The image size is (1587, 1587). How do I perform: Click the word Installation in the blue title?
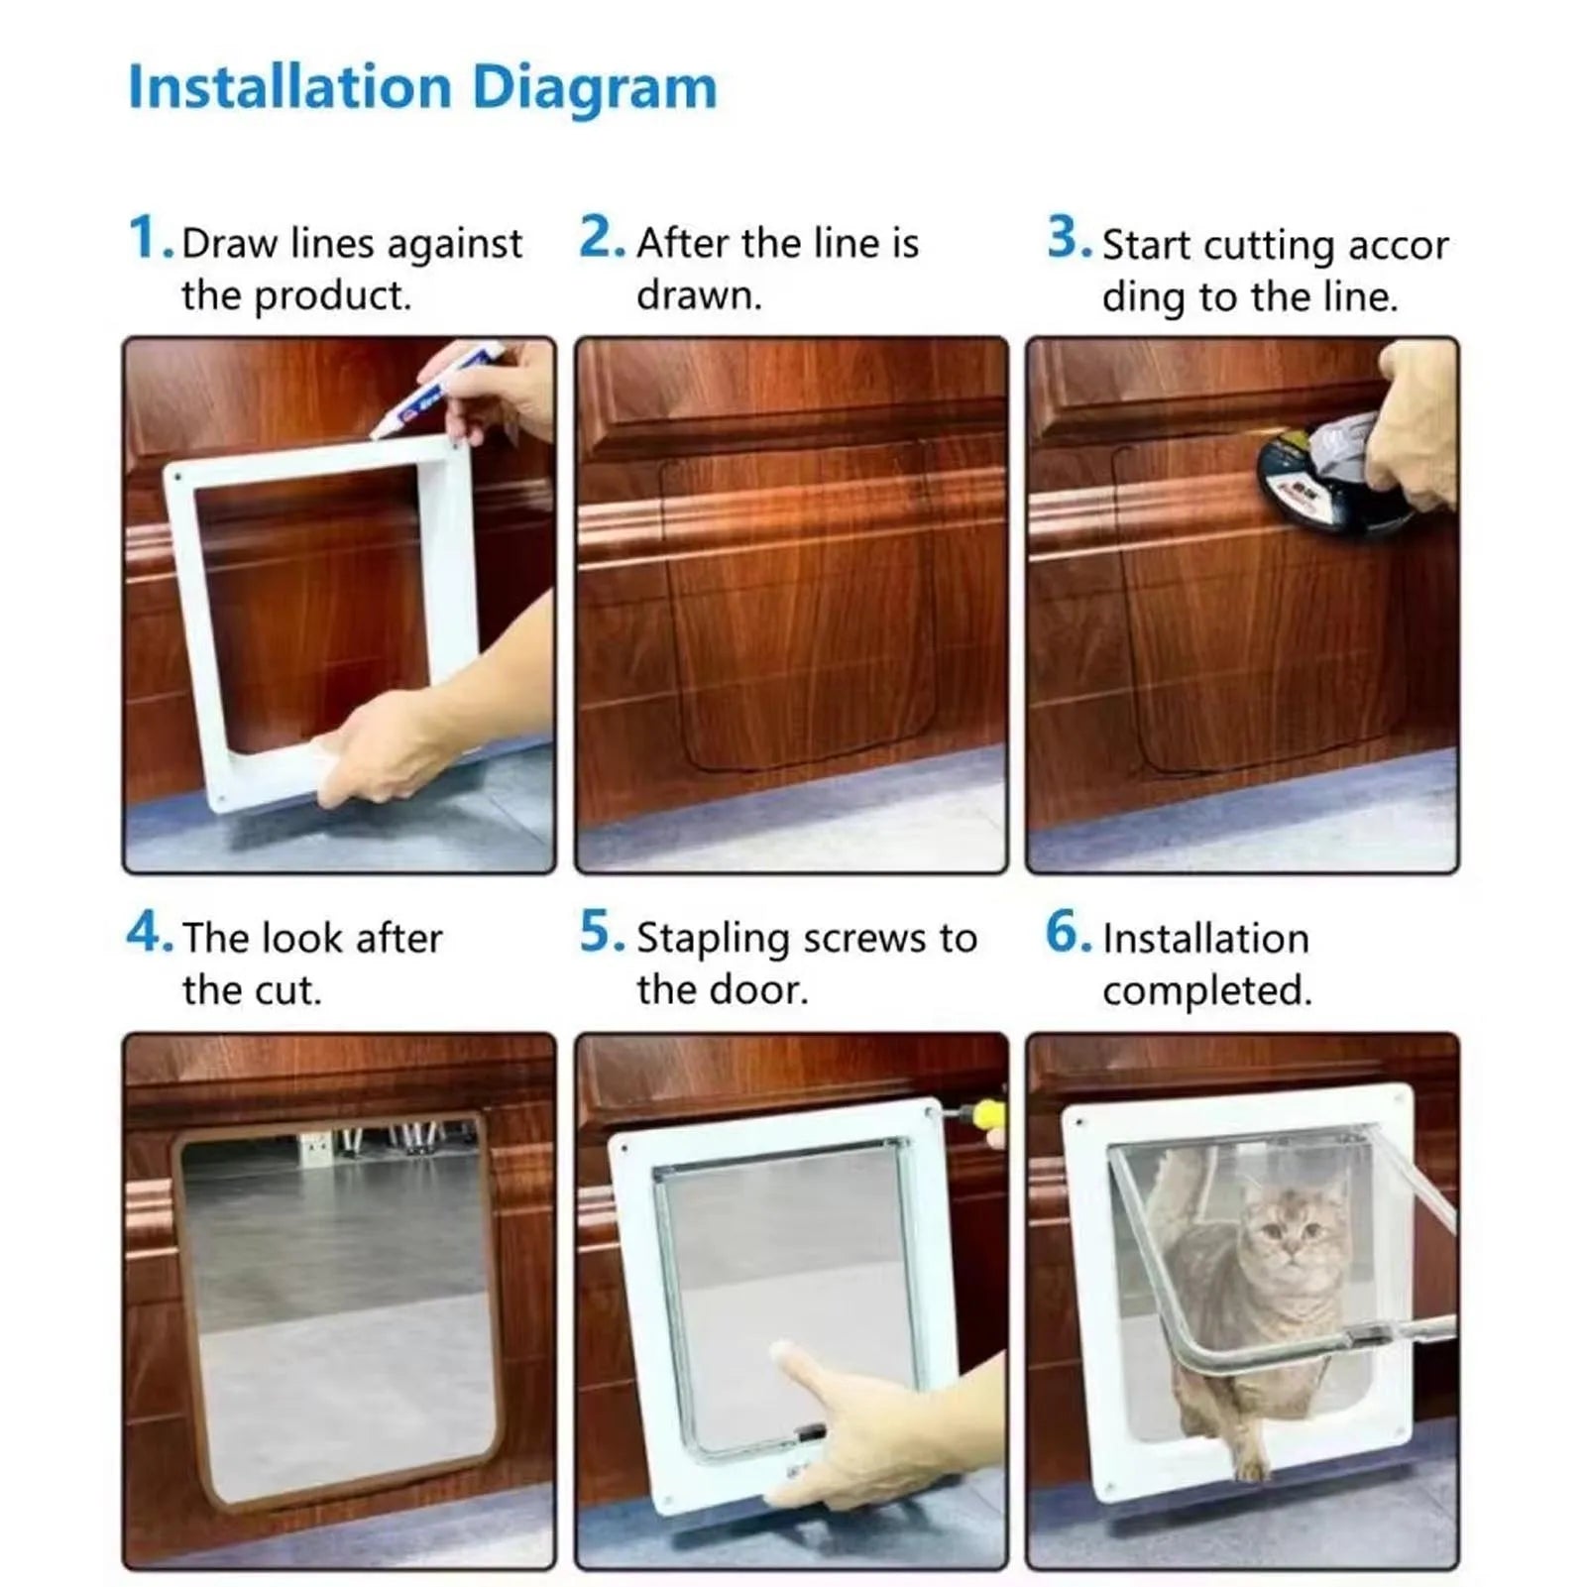[290, 87]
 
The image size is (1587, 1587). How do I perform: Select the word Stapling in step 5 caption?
[713, 939]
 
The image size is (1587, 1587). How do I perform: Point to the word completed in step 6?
[1206, 990]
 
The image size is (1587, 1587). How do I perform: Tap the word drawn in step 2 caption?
[698, 295]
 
